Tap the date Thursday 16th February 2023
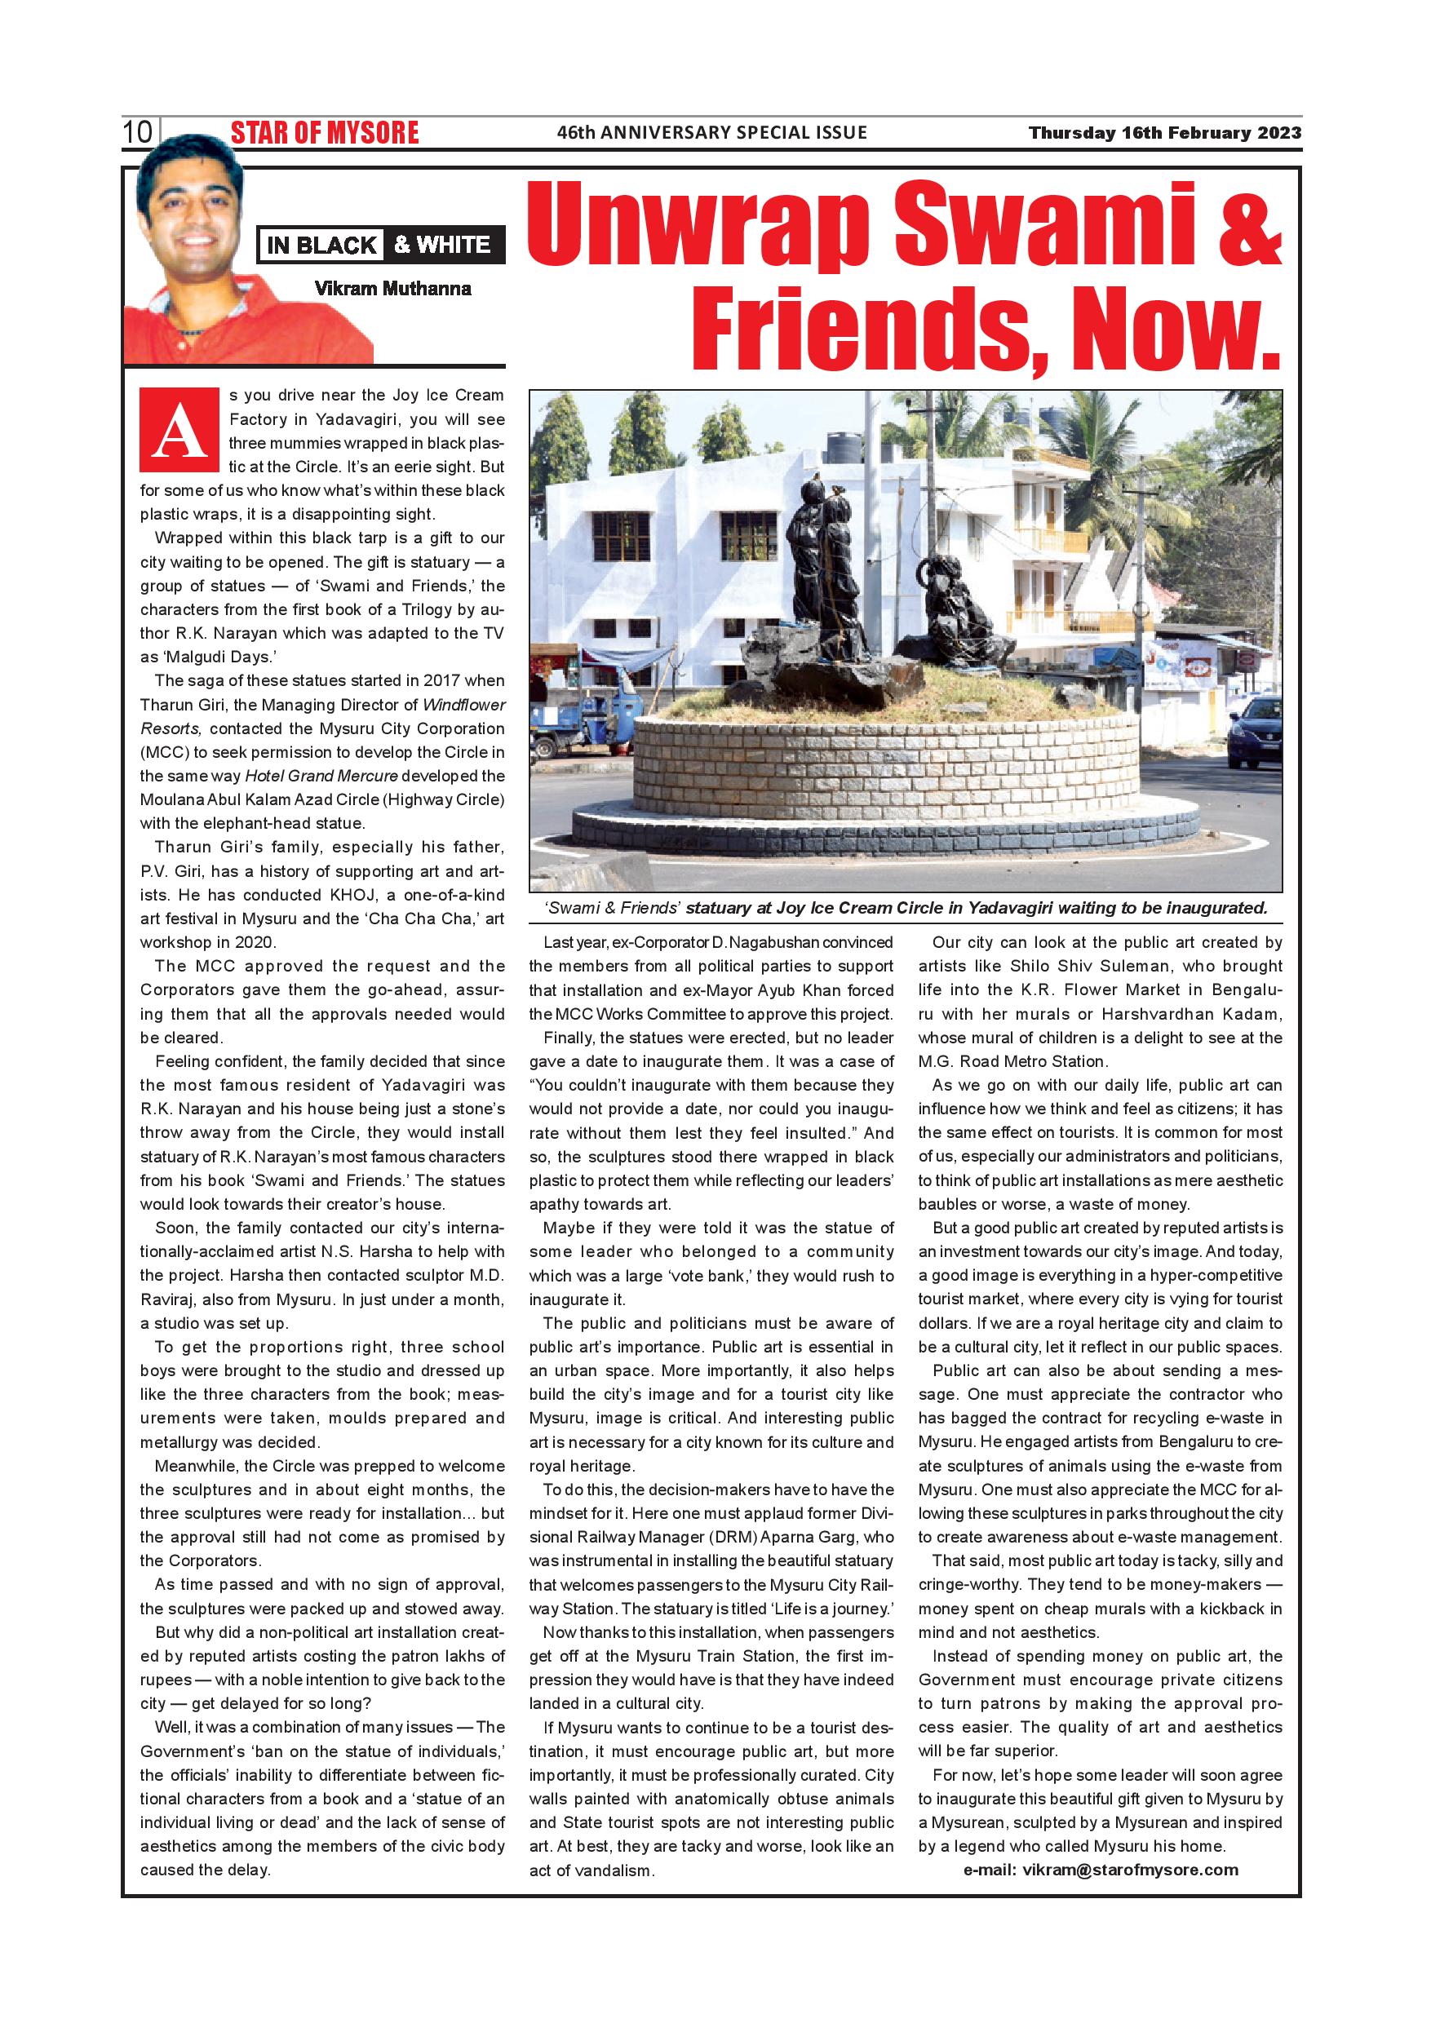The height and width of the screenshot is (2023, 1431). tap(1165, 133)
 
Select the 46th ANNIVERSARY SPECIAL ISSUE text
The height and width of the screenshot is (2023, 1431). tap(712, 133)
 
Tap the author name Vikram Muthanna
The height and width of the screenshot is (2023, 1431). tap(392, 288)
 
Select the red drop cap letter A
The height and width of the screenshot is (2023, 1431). tap(179, 432)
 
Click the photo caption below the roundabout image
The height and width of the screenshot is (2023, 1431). tap(906, 908)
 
